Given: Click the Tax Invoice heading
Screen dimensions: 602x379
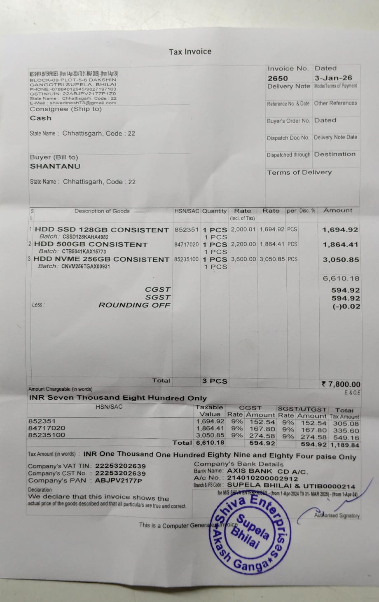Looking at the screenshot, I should tap(190, 52).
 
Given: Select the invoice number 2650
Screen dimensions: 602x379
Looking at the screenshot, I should tap(278, 78).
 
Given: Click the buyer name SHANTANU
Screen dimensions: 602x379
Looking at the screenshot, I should tap(55, 166).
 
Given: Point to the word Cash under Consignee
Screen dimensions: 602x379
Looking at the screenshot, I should tap(40, 118).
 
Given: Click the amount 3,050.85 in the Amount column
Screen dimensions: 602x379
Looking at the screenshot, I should tap(340, 260).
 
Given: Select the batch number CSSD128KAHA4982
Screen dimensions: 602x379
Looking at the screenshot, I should tap(85, 237).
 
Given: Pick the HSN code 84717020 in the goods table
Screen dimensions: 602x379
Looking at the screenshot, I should tap(186, 244).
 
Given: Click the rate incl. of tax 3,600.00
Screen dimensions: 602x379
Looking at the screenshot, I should tap(243, 259).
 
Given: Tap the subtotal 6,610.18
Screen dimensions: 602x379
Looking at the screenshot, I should tap(341, 279).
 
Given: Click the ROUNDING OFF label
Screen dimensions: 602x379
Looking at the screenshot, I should tap(134, 305).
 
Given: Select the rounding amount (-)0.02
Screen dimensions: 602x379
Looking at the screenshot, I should tap(346, 307).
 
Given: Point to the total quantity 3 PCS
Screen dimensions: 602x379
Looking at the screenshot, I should tap(215, 381).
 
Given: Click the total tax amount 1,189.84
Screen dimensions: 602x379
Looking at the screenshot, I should tap(344, 445).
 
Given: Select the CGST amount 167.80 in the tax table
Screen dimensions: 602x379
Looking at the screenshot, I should tap(262, 429).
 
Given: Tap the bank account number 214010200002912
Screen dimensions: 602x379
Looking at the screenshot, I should tap(262, 478).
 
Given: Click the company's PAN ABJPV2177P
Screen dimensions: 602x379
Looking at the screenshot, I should tap(118, 480).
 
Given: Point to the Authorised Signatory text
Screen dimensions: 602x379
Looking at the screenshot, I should tap(337, 515).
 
